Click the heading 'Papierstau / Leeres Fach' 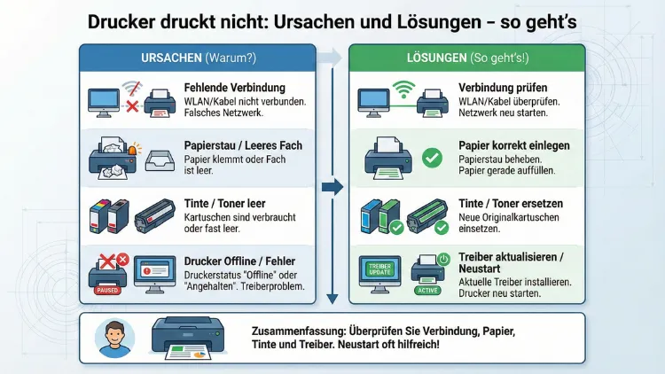click(243, 145)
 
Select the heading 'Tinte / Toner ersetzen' click(512, 203)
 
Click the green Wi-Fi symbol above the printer click(404, 89)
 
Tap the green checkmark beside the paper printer click(432, 159)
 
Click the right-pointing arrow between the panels click(332, 187)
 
